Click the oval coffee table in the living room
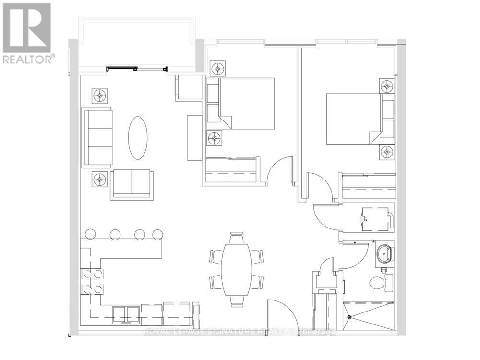click(x=138, y=138)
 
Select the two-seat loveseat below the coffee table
click(x=132, y=185)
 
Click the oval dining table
click(x=236, y=270)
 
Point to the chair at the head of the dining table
click(x=236, y=238)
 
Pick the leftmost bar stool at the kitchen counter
click(x=91, y=234)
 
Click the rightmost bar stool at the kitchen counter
click(x=157, y=234)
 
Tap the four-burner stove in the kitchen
click(x=93, y=281)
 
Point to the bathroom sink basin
click(x=384, y=254)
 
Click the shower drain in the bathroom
click(x=350, y=317)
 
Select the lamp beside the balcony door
click(x=100, y=96)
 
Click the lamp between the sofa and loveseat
click(x=100, y=180)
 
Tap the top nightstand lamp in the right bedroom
click(x=387, y=86)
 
